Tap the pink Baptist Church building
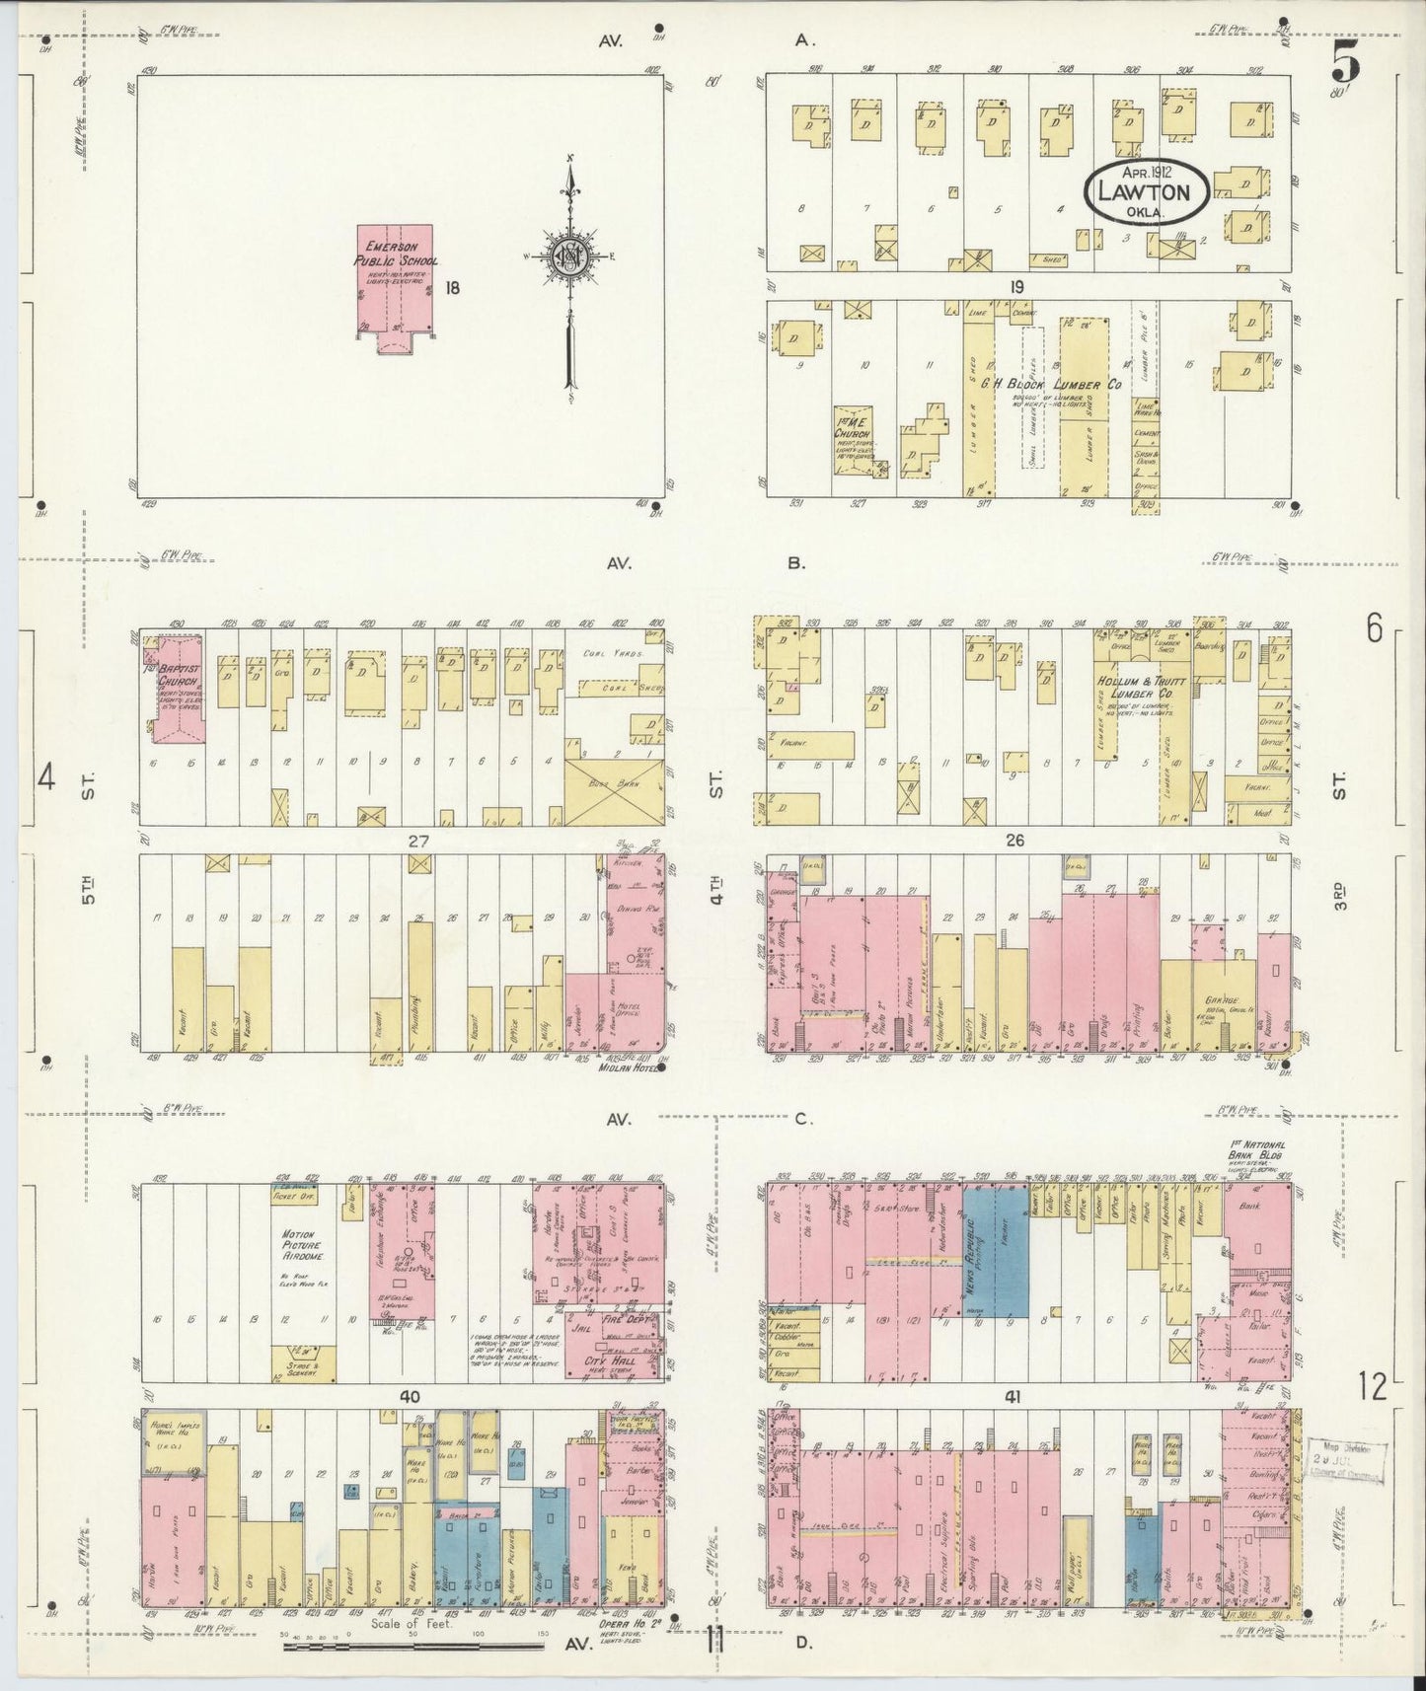pyautogui.click(x=178, y=690)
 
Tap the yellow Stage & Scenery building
pyautogui.click(x=303, y=1364)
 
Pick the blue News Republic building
pyautogui.click(x=995, y=1251)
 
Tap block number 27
pyautogui.click(x=419, y=842)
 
